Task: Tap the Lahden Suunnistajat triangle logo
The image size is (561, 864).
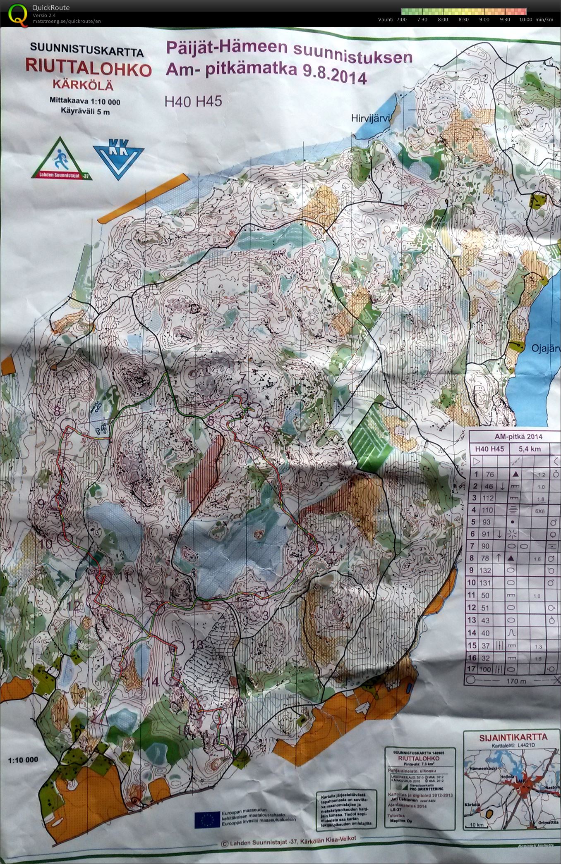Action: click(x=61, y=159)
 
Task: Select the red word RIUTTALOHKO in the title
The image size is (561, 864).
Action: click(x=88, y=69)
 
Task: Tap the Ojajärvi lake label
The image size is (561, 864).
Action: click(x=544, y=349)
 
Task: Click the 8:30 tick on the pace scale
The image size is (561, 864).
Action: click(x=463, y=19)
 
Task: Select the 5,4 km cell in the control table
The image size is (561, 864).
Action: click(x=530, y=449)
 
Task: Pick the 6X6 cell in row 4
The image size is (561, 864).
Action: click(x=541, y=511)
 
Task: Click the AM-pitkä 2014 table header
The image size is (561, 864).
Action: click(x=513, y=437)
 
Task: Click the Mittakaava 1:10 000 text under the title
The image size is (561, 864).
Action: click(x=85, y=101)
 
